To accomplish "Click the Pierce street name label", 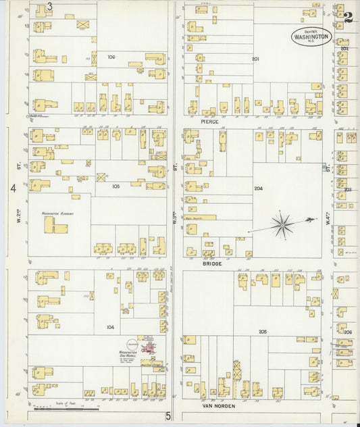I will (210, 121).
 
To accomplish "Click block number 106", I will (111, 57).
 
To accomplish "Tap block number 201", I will (255, 59).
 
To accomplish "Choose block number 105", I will (115, 186).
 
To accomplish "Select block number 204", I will (258, 189).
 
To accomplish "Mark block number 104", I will (111, 326).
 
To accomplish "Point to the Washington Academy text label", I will (57, 213).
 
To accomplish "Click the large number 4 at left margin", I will (12, 188).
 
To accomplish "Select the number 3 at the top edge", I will (50, 7).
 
